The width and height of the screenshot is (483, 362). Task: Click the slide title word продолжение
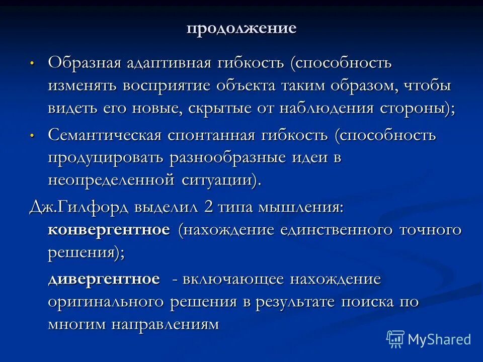242,28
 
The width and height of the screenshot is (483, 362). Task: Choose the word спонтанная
210,135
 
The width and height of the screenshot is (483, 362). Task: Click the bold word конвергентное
109,230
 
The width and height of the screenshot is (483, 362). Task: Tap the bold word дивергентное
104,279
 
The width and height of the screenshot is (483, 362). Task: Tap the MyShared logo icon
395,339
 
